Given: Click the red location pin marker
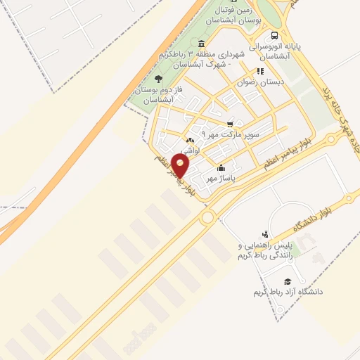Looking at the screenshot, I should [181, 166].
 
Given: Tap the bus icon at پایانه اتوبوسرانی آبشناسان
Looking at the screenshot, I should [274, 35].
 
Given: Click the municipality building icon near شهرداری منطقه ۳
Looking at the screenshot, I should [202, 45].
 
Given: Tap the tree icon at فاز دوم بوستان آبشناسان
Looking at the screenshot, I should [158, 79].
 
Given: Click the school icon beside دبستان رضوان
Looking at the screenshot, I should [260, 71].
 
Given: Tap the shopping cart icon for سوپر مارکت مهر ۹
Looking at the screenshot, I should [230, 124].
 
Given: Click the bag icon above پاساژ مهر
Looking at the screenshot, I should [221, 168].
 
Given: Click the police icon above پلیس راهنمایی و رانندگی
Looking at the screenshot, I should [264, 234].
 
